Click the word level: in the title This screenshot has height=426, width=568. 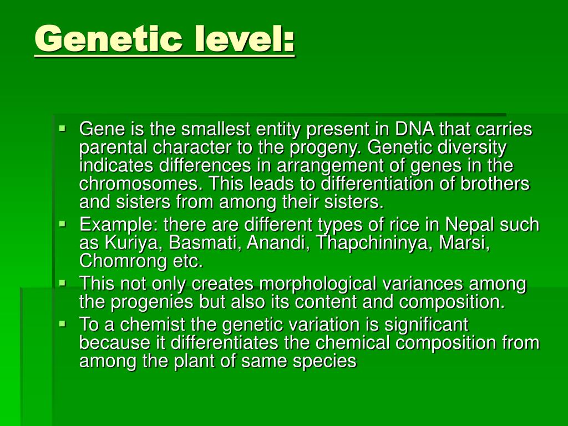pos(245,39)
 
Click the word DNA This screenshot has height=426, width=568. pos(415,130)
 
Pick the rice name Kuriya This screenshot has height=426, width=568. pos(131,243)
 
